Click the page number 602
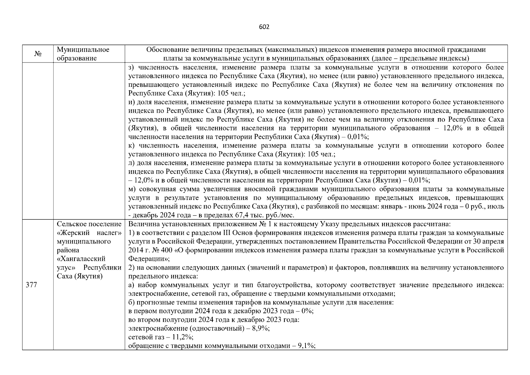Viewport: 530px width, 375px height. (x=264, y=27)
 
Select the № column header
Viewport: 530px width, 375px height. (x=38, y=54)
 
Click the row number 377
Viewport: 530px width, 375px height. (x=31, y=285)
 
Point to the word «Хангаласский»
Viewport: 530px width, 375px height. (x=81, y=259)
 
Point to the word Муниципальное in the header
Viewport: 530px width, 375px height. (x=83, y=50)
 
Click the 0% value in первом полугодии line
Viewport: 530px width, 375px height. (x=307, y=311)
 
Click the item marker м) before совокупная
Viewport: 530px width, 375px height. (x=132, y=189)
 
